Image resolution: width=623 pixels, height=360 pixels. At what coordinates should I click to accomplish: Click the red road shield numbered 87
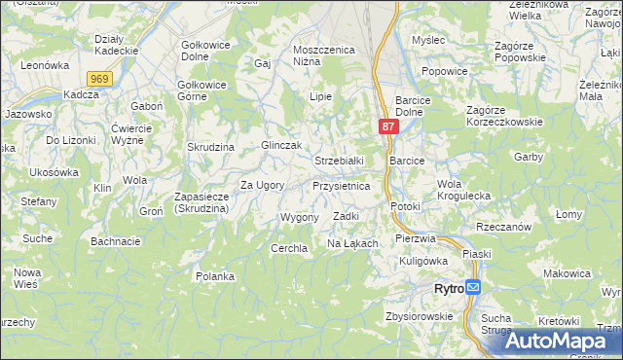[x=388, y=127]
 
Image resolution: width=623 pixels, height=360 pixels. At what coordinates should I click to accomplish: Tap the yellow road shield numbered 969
[x=97, y=78]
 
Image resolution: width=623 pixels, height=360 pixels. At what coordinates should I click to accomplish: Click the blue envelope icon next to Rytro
[x=473, y=287]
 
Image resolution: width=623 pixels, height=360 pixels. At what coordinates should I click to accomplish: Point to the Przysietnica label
[x=341, y=185]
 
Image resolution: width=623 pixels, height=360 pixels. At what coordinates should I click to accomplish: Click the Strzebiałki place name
[x=339, y=160]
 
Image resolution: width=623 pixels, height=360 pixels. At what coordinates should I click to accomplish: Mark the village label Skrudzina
[x=213, y=146]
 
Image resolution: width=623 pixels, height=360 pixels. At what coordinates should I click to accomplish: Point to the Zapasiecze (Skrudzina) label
[x=201, y=202]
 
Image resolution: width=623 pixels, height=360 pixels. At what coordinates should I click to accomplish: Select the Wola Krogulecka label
[x=463, y=190]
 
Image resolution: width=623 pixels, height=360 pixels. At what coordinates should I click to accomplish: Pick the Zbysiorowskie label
[x=420, y=316]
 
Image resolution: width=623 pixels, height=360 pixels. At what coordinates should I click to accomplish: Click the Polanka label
[x=215, y=276]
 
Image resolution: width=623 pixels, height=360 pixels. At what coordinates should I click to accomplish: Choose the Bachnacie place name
[x=115, y=240]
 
